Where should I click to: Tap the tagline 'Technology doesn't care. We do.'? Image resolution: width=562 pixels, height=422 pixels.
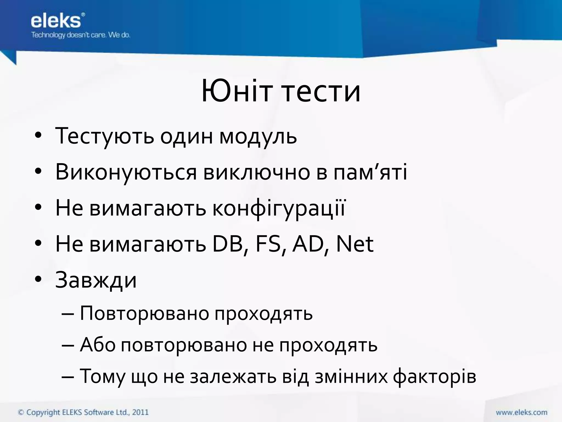(x=80, y=35)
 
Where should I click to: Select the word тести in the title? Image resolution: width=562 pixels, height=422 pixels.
(x=321, y=91)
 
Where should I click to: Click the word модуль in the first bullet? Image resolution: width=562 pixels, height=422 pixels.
(x=258, y=137)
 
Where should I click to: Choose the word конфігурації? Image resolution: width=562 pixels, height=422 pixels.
(x=279, y=208)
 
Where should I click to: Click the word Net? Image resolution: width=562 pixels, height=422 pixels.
(x=355, y=244)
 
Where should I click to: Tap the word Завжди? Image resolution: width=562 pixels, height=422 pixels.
(x=96, y=280)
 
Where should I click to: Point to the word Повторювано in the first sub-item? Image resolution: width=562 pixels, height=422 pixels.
(x=144, y=313)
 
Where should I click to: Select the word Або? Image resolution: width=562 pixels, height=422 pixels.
(x=97, y=345)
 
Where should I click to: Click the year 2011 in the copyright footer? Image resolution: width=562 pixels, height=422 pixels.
(x=140, y=412)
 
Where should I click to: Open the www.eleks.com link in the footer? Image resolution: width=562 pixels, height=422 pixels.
(x=521, y=412)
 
